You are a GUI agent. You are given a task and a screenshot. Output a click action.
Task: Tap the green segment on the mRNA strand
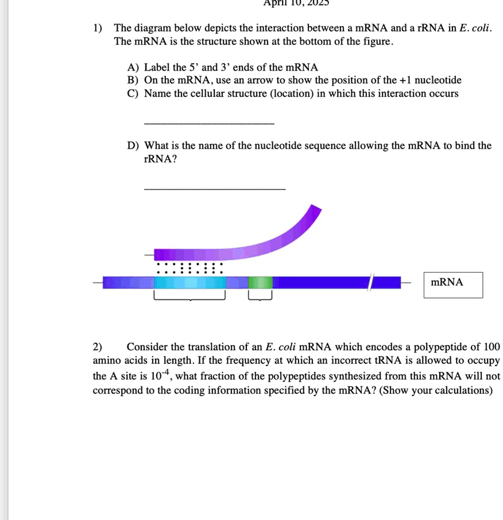261,282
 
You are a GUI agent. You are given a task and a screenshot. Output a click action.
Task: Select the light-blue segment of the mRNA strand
189,282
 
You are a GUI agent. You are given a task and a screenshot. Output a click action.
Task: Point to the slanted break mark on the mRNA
372,282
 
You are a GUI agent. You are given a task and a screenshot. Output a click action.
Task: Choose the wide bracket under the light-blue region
189,297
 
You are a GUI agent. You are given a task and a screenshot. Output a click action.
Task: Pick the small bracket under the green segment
260,297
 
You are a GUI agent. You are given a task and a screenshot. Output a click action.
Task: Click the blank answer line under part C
210,122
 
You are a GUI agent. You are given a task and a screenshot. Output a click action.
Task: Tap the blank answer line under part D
214,188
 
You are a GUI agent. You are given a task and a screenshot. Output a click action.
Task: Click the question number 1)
98,28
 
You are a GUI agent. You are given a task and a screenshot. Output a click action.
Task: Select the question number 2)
98,347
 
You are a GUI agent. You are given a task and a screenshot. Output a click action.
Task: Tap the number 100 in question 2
491,347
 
